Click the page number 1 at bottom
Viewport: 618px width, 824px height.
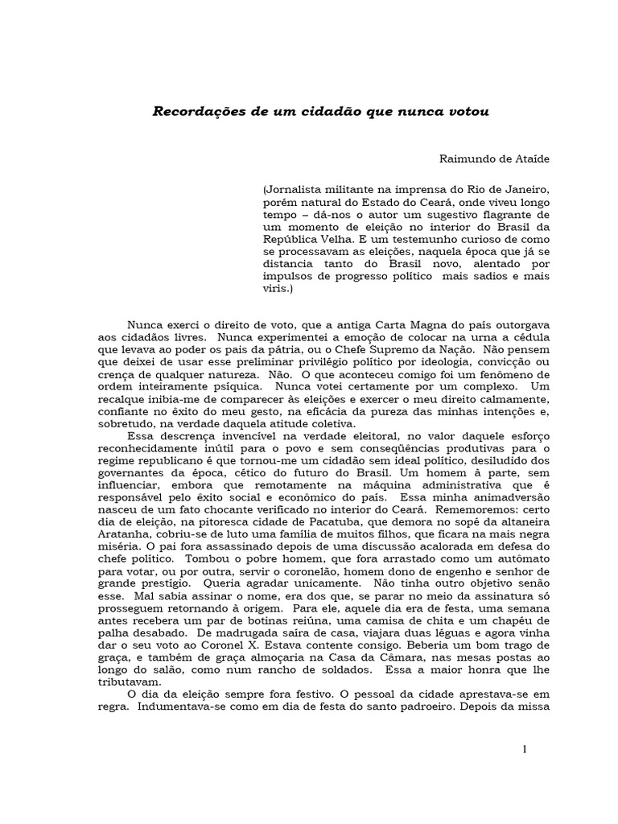tap(525, 750)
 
